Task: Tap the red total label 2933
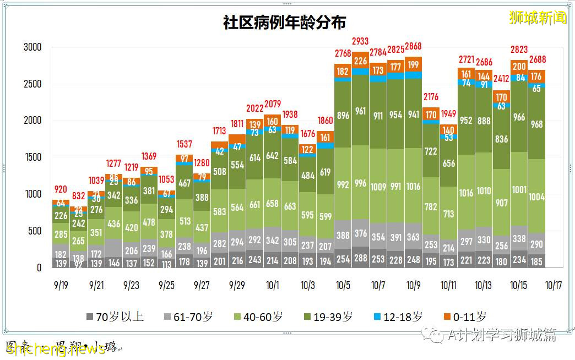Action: pyautogui.click(x=360, y=41)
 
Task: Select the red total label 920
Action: pyautogui.click(x=61, y=189)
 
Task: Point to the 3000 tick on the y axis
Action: pyautogui.click(x=32, y=47)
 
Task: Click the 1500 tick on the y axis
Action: pyautogui.click(x=32, y=157)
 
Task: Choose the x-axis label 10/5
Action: pyautogui.click(x=343, y=285)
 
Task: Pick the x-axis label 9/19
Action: pyautogui.click(x=61, y=285)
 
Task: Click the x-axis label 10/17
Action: pyautogui.click(x=554, y=285)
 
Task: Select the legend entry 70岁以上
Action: pyautogui.click(x=115, y=317)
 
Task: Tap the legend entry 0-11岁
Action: pyautogui.click(x=465, y=317)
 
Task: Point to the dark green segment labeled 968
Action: pyautogui.click(x=536, y=124)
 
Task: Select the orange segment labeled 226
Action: pyautogui.click(x=360, y=61)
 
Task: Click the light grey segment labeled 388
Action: pyautogui.click(x=343, y=235)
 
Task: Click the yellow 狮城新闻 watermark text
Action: pyautogui.click(x=538, y=18)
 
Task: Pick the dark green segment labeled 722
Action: pyautogui.click(x=431, y=151)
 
